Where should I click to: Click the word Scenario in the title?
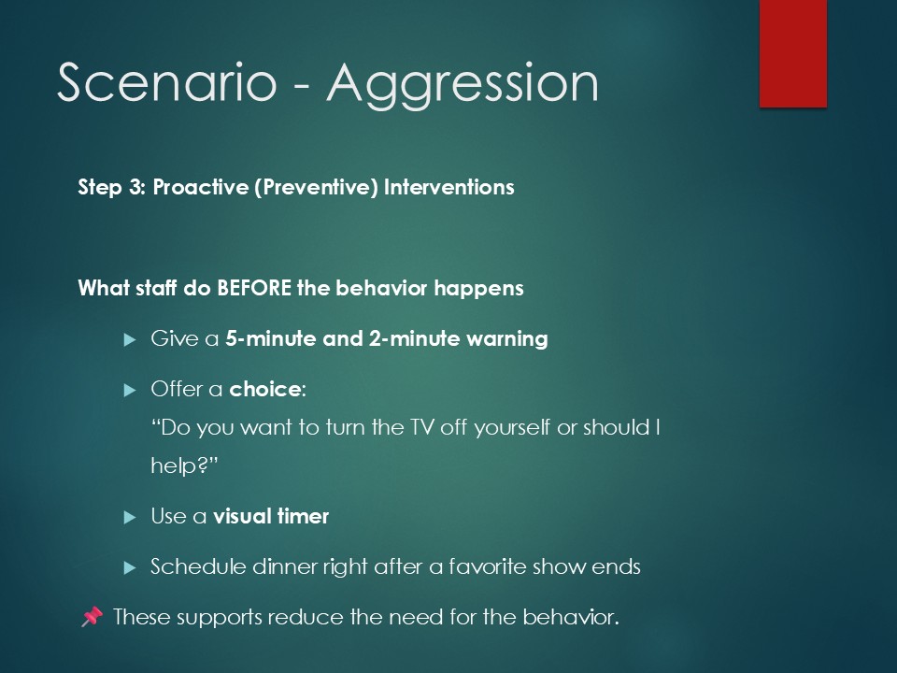(167, 82)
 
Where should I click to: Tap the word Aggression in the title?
(463, 86)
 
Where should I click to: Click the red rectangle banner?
(793, 53)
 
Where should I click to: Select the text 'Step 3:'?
(111, 188)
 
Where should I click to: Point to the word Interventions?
(449, 187)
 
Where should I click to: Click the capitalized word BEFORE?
(254, 288)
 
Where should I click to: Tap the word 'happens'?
(478, 289)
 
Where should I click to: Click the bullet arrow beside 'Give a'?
(130, 340)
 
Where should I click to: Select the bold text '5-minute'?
(271, 338)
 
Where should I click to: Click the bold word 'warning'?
(507, 338)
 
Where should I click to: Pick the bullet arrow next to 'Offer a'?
(130, 391)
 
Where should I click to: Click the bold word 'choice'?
(264, 389)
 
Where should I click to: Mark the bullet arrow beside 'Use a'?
(130, 517)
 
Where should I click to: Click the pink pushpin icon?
(92, 617)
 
